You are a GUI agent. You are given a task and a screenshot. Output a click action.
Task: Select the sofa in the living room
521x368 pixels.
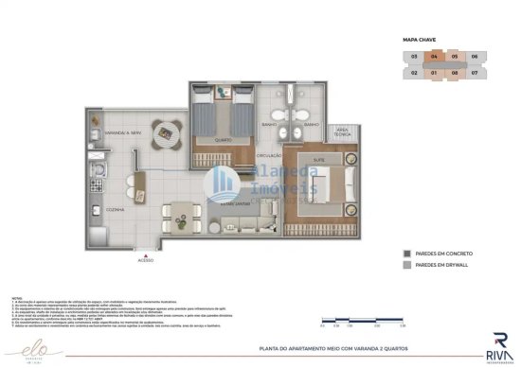click(x=240, y=224)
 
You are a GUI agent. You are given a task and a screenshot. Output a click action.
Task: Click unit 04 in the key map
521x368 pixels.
click(x=434, y=57)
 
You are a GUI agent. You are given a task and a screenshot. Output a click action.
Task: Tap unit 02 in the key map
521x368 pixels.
click(x=414, y=71)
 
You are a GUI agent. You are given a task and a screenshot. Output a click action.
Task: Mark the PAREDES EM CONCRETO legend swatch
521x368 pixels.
click(x=405, y=254)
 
